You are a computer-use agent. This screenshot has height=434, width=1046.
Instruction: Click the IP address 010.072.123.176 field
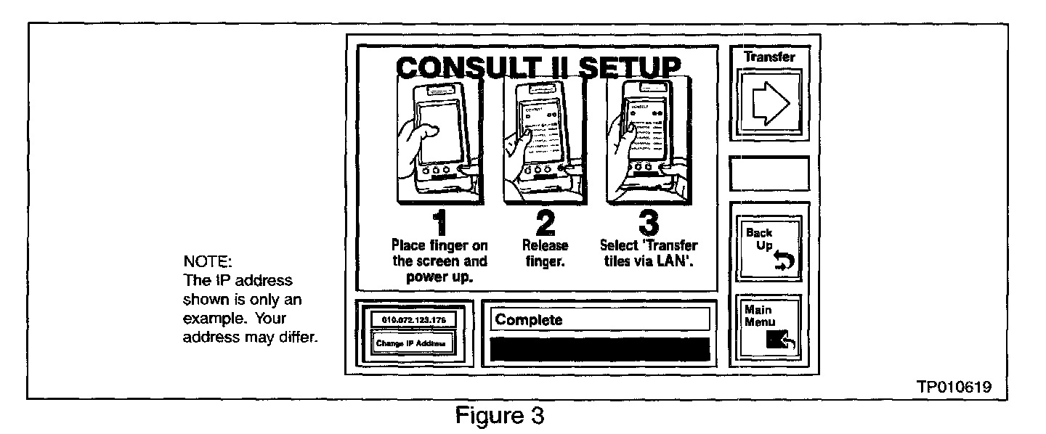coord(411,319)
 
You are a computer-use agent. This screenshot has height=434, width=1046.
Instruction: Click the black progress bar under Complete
coord(600,349)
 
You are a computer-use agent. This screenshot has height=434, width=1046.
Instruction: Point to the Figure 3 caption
coord(500,416)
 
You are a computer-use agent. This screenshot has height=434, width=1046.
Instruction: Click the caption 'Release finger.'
coord(546,253)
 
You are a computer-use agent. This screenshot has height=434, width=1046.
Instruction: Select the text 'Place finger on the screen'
coord(439,253)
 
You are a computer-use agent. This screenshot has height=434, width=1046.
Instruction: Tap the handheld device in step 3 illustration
coord(646,142)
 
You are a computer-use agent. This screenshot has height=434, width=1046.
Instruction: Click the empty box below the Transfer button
coord(769,173)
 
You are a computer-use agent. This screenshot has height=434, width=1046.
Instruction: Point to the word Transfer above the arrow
coord(769,56)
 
